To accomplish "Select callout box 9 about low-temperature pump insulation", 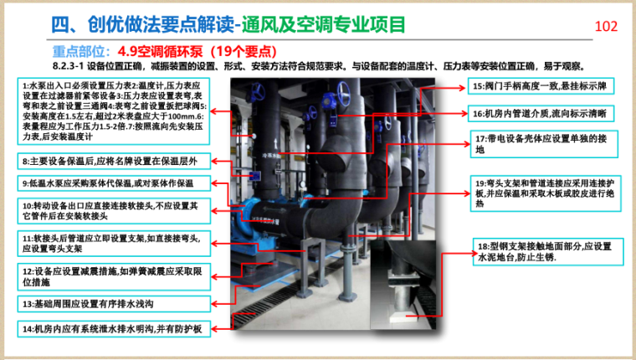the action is tap(114, 183).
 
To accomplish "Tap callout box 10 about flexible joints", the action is tap(114, 210).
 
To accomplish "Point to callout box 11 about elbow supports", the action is tap(114, 243).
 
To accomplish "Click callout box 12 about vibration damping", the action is tap(114, 277).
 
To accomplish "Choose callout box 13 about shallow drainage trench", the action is tap(114, 304).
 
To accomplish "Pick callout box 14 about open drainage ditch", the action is tap(114, 328).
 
